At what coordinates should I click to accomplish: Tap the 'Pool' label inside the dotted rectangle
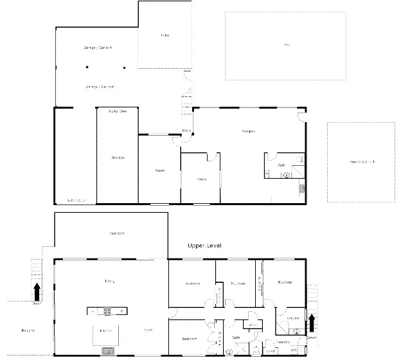click(285, 44)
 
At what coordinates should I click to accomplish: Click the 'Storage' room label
click(117, 157)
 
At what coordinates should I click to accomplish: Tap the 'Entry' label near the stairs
click(186, 131)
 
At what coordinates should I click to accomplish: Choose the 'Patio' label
click(165, 35)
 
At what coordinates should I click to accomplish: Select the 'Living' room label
click(109, 281)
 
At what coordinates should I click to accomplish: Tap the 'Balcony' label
click(27, 330)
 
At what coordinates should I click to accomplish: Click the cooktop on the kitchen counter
click(108, 311)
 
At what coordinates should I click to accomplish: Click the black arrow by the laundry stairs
click(313, 321)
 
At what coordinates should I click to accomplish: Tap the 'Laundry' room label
click(283, 341)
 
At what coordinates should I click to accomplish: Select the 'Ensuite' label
click(292, 318)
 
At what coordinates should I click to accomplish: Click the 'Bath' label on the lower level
click(281, 166)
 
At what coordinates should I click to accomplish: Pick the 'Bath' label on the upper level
click(236, 337)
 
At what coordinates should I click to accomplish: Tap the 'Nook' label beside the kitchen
click(148, 330)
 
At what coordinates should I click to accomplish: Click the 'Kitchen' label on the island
click(106, 330)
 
